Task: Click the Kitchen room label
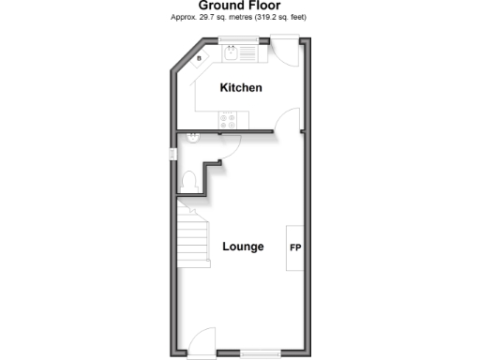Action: coord(240,88)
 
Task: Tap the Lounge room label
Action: coord(243,247)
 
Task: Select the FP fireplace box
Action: coord(295,247)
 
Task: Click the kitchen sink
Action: coord(232,52)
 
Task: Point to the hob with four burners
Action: coord(230,119)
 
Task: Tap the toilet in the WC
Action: coord(187,180)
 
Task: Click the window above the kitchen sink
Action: coord(240,39)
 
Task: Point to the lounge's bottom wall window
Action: coord(257,353)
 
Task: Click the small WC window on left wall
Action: coord(172,154)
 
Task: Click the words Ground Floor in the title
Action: coord(240,6)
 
